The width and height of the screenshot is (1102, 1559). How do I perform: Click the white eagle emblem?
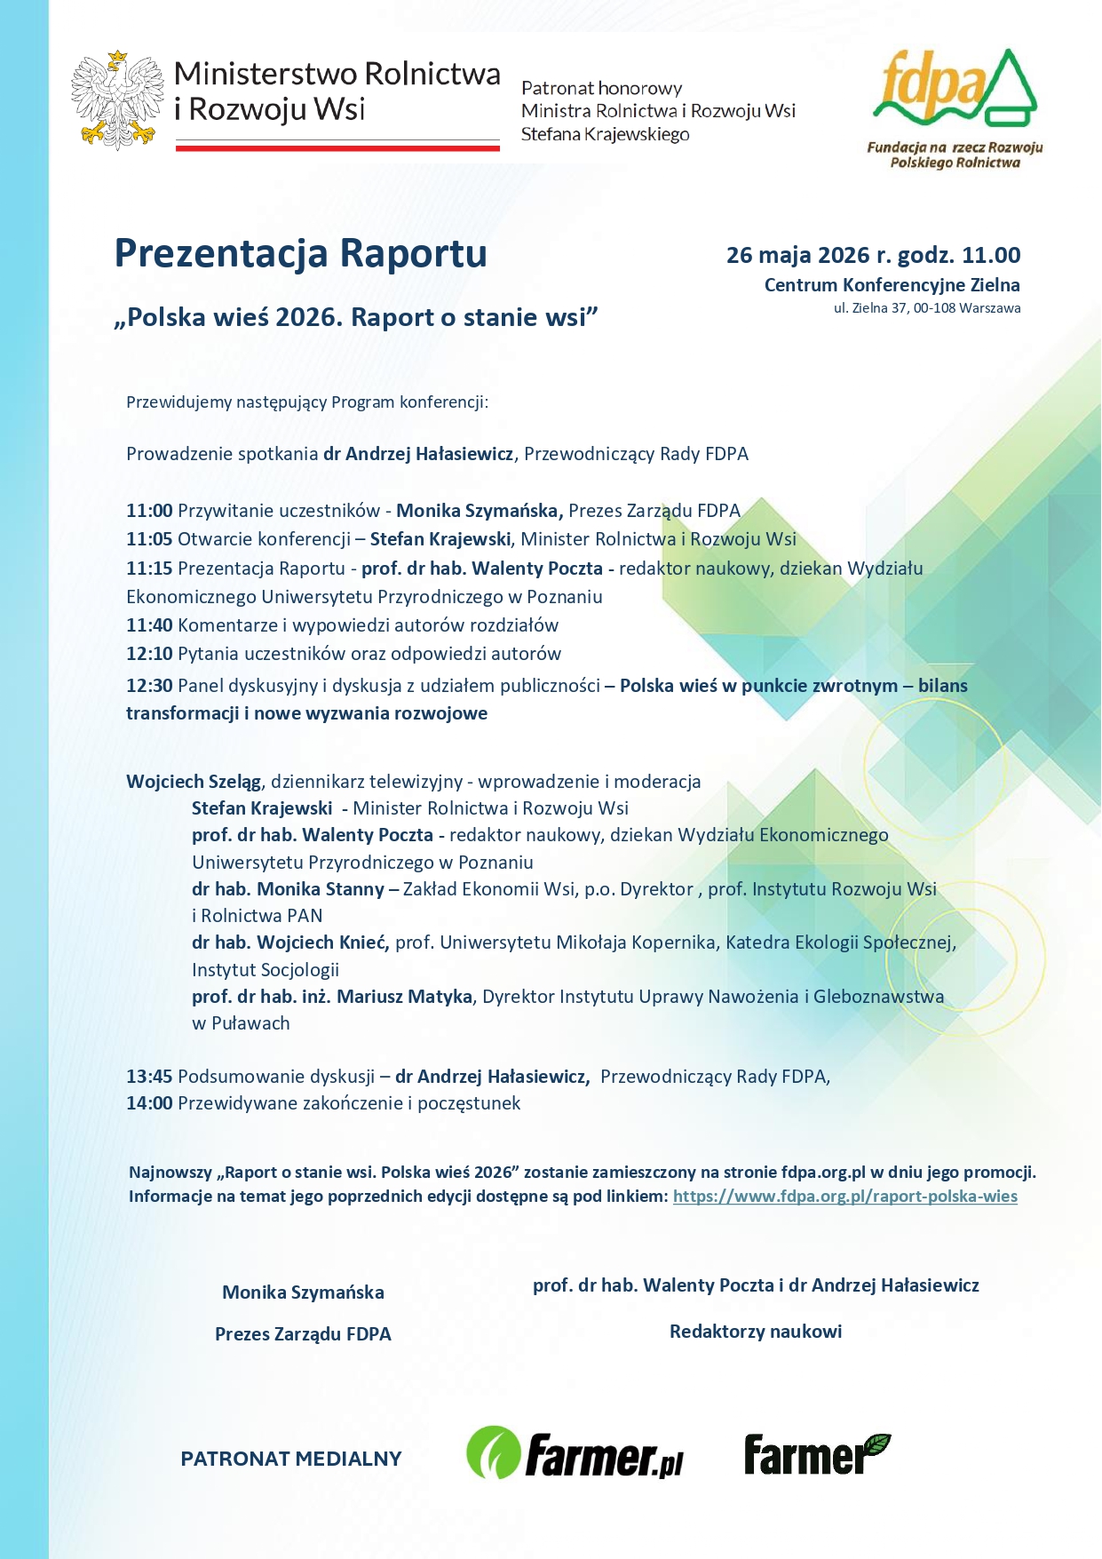click(x=117, y=99)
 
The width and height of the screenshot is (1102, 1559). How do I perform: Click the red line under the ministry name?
click(x=337, y=147)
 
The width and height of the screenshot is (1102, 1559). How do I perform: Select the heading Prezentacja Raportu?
click(x=300, y=253)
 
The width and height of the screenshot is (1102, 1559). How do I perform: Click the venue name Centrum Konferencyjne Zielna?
click(x=892, y=285)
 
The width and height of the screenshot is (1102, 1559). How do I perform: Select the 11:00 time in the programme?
click(x=149, y=511)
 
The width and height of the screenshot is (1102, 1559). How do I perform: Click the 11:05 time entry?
click(x=149, y=539)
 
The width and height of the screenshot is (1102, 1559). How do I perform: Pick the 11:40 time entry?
click(x=149, y=625)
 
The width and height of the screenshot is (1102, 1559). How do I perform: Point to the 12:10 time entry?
click(x=149, y=654)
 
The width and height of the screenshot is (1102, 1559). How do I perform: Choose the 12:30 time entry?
click(x=149, y=686)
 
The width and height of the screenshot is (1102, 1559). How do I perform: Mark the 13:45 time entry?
click(x=149, y=1077)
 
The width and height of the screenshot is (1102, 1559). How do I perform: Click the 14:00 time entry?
click(x=149, y=1103)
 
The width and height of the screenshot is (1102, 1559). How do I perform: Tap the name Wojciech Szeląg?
click(x=194, y=782)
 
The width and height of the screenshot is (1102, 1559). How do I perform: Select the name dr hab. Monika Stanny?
click(x=288, y=889)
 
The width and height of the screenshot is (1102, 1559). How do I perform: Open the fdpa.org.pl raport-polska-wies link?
click(x=844, y=1197)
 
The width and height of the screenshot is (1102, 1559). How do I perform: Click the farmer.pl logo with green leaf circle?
click(x=575, y=1453)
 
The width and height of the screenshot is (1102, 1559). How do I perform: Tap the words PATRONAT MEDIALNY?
click(x=291, y=1459)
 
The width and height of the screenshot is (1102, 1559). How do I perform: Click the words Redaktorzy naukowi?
click(x=756, y=1332)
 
